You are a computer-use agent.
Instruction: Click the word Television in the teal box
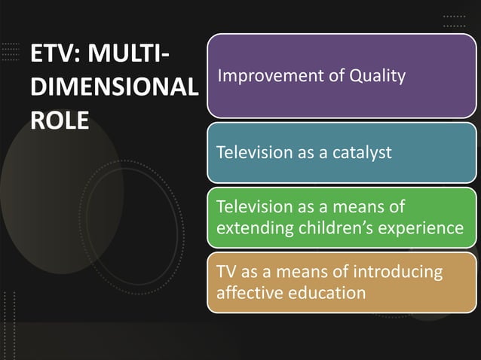253,152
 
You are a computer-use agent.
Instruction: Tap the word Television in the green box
253,206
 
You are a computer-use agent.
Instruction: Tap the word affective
247,292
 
